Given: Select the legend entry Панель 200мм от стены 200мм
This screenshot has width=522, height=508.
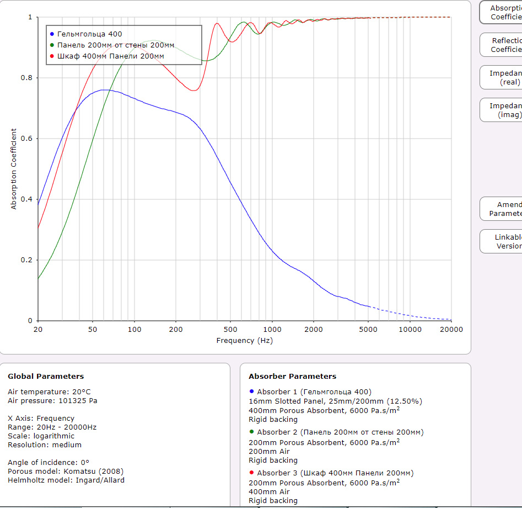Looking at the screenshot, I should coord(116,45).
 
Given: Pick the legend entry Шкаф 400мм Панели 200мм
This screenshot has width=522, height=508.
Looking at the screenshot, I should coord(110,56).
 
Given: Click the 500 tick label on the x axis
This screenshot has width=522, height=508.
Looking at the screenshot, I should coord(230,330).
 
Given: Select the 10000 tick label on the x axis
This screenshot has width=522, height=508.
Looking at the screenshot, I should coord(410,330).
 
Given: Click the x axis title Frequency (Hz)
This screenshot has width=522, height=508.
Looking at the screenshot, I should coord(244,341).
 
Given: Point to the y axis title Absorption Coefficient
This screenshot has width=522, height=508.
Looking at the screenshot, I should coord(14,169).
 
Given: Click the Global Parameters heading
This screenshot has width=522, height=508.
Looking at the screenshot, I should coord(46,377).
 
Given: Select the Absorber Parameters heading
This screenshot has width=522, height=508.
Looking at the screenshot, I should coord(292,377).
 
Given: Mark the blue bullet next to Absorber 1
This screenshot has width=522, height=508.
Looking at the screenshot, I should coord(251,391).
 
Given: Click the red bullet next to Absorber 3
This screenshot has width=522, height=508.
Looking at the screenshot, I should coord(251,473).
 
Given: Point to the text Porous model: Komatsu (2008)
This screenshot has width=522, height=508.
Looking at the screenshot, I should coord(66,471).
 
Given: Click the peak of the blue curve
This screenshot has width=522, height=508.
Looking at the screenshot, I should coord(104,89).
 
